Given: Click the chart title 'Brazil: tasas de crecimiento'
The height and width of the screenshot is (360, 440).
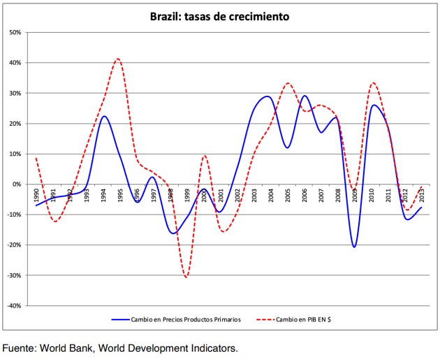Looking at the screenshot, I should coord(220,16).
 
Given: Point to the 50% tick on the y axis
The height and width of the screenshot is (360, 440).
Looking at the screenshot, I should coord(16,32).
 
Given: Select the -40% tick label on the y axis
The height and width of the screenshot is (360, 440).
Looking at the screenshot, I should coord(15,306).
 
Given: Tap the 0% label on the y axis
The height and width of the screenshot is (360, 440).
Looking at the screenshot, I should coord(18,185).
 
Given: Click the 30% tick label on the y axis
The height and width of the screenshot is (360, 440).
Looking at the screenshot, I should coord(16,93).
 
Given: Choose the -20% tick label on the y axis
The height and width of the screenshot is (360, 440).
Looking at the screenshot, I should coord(15,245).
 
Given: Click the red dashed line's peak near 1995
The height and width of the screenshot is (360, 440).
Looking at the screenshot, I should coord(118,59).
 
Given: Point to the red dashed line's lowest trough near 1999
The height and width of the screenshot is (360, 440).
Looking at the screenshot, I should coord(186,278).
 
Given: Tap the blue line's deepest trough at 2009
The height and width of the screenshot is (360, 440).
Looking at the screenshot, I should coord(355,247).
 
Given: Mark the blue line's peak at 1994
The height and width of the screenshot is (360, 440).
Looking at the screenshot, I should coord(103,116).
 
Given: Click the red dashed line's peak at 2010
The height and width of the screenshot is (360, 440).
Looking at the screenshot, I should coord(373,83).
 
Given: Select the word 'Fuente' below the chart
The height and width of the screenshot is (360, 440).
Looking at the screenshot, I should coord(19,348).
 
